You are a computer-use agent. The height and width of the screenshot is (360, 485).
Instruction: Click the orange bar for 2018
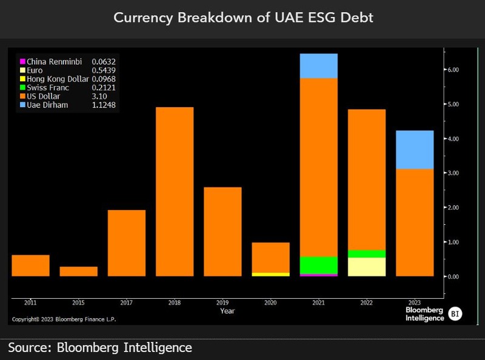click(x=175, y=192)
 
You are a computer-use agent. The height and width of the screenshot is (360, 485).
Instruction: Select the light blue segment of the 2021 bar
click(x=318, y=66)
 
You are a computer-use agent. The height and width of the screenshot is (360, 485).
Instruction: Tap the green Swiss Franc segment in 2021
click(x=318, y=265)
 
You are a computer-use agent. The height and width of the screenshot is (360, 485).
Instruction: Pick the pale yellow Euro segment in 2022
click(x=367, y=267)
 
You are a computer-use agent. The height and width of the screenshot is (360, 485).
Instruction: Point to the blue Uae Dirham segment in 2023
click(x=415, y=150)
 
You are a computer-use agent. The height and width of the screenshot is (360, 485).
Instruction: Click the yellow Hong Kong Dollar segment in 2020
click(x=270, y=274)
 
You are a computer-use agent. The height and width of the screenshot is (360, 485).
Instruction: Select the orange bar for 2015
click(x=79, y=272)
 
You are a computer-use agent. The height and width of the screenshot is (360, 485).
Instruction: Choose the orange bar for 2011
click(x=31, y=265)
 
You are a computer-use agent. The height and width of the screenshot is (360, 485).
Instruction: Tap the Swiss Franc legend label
click(x=48, y=88)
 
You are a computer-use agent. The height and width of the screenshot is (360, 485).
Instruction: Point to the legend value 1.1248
click(x=104, y=105)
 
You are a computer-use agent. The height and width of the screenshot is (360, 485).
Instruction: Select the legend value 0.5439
click(x=104, y=70)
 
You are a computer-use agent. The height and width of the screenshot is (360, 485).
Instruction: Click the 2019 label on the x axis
click(x=222, y=302)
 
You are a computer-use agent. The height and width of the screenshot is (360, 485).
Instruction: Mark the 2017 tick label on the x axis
click(x=127, y=302)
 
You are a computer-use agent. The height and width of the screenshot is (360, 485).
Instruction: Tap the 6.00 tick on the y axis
click(x=453, y=70)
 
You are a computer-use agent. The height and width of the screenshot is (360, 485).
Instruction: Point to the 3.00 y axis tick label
click(x=453, y=173)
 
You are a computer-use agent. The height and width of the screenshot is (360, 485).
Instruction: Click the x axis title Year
click(x=227, y=310)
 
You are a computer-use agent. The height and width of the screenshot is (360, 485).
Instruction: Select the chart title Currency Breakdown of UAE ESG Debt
click(x=243, y=18)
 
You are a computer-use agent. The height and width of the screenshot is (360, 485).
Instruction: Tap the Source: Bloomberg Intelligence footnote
click(x=100, y=347)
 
